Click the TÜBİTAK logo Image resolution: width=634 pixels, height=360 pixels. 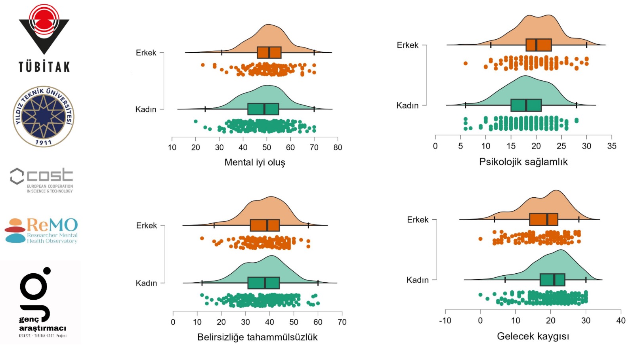click(x=44, y=38)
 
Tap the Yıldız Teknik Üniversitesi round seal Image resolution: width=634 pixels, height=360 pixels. click(x=44, y=116)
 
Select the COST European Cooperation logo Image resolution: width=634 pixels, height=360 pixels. click(x=42, y=181)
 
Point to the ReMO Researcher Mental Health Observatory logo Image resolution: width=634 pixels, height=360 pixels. click(x=42, y=230)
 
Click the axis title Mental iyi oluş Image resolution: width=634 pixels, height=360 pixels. click(x=255, y=162)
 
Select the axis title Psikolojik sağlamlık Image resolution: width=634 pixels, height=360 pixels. click(x=523, y=162)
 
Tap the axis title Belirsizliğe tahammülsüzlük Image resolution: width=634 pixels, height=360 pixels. click(x=257, y=337)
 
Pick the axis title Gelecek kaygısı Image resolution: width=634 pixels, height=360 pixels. click(x=533, y=336)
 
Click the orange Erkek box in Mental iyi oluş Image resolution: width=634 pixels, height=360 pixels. click(x=269, y=52)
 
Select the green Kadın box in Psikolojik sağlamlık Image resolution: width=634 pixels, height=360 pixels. click(x=526, y=105)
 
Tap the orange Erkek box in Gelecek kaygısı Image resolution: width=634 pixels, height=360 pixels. click(x=543, y=219)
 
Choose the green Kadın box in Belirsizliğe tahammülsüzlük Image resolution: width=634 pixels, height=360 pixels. click(x=263, y=283)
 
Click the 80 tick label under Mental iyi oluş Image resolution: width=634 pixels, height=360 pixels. click(x=338, y=147)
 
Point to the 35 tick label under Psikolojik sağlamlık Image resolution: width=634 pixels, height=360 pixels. click(x=611, y=146)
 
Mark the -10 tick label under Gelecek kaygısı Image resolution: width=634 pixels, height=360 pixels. click(x=445, y=320)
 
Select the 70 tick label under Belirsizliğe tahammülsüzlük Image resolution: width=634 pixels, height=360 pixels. click(x=342, y=322)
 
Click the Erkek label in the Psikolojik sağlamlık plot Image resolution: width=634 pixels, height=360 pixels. click(x=407, y=45)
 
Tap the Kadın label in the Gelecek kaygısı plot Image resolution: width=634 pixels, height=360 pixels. click(x=417, y=280)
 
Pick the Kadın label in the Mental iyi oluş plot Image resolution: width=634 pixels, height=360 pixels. click(x=146, y=109)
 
